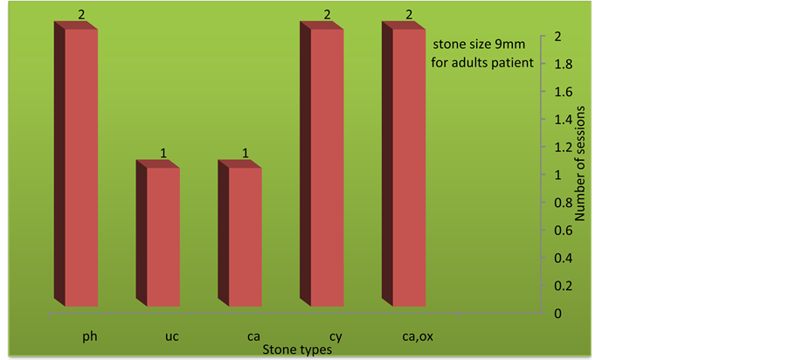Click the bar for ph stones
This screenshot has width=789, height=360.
click(x=76, y=164)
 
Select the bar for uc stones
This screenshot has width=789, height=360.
click(x=158, y=233)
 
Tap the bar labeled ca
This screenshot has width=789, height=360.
click(x=240, y=233)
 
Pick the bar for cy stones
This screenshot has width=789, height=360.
click(x=322, y=164)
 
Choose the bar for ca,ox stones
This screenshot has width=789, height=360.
click(x=404, y=164)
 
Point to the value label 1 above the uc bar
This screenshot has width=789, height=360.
click(x=163, y=153)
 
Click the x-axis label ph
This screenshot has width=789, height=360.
click(x=90, y=336)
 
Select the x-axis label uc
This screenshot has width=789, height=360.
click(x=171, y=336)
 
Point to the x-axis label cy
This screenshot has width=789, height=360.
click(x=336, y=337)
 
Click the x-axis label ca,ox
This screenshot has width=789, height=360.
click(x=419, y=336)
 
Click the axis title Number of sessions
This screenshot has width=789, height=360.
click(x=580, y=163)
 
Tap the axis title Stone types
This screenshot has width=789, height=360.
click(x=297, y=350)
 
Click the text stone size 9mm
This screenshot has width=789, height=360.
click(x=480, y=45)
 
